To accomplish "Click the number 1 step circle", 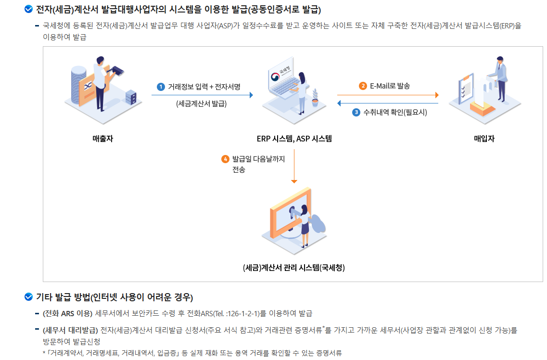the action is pos(161,87).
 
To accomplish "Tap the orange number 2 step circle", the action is pos(363,86).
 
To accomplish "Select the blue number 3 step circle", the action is pos(356,113).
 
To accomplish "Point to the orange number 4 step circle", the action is pos(225,159).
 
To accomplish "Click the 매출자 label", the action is pos(102,139).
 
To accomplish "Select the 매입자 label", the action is pos(484,139).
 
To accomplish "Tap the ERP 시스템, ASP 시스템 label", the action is pos(294,139).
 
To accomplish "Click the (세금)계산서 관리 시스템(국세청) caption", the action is pos(294,268).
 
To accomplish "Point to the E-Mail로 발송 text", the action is pos(390,86).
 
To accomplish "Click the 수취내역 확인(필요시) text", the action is pos(395,113).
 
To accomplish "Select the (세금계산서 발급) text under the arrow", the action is pos(202,103).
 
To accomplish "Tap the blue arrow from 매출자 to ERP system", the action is pos(202,95).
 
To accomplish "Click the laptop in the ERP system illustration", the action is pos(281,82).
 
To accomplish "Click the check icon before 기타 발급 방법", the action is pos(28,296).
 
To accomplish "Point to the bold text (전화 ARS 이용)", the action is pos(67,313).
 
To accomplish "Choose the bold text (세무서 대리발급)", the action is pos(70,330).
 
